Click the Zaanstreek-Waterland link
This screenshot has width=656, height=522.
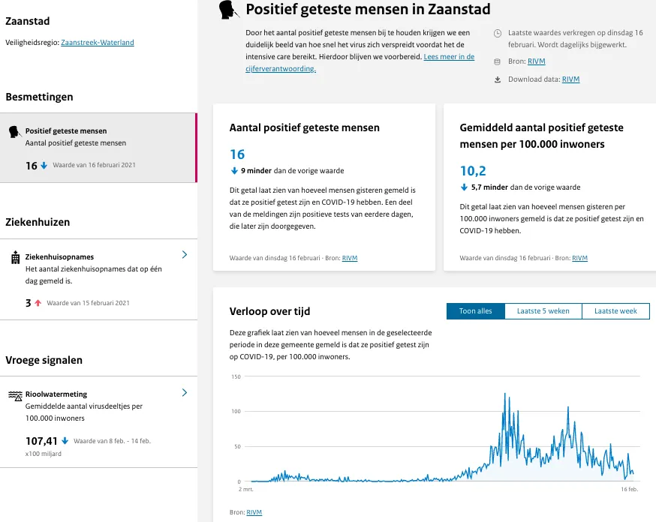pos(98,43)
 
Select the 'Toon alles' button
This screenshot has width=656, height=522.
pos(476,311)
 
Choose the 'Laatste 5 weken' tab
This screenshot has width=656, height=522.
pos(543,311)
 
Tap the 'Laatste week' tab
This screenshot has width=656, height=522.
pos(615,311)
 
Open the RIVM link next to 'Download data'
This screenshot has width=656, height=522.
pos(570,79)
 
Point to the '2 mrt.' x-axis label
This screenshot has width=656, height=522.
pos(245,489)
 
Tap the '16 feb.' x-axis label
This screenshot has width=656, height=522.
pos(629,489)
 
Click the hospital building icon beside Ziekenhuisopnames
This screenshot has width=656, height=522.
pos(15,257)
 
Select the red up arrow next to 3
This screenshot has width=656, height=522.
pos(38,303)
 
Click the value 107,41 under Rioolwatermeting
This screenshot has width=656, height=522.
pos(41,441)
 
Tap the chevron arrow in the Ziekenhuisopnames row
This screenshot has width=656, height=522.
pos(185,255)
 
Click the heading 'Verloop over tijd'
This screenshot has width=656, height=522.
pos(269,311)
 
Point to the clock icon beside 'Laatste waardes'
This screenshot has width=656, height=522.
pos(498,34)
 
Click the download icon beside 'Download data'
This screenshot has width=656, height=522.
pos(498,79)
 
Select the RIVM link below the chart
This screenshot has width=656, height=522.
pos(254,512)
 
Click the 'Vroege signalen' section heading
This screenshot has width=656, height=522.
pos(44,360)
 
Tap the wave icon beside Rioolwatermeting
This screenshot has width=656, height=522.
pos(15,395)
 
